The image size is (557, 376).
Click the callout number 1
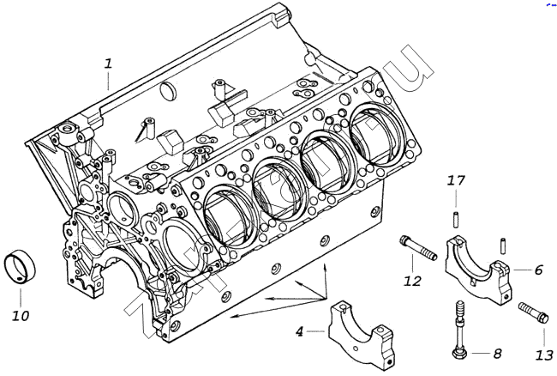pos(108,63)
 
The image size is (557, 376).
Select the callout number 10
pos(20,316)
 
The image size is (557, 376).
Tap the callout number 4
pos(299,331)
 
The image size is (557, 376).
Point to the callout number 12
pos(413,280)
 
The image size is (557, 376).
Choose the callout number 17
pos(456,180)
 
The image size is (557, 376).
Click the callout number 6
pos(538,270)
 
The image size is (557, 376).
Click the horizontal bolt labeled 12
pos(417,248)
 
